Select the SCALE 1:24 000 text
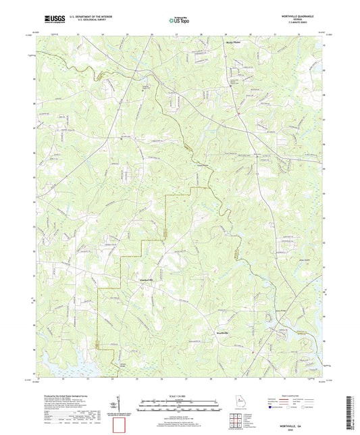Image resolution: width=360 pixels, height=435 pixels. click(180, 396)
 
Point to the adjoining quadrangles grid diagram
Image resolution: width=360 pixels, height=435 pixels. click(236, 415)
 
